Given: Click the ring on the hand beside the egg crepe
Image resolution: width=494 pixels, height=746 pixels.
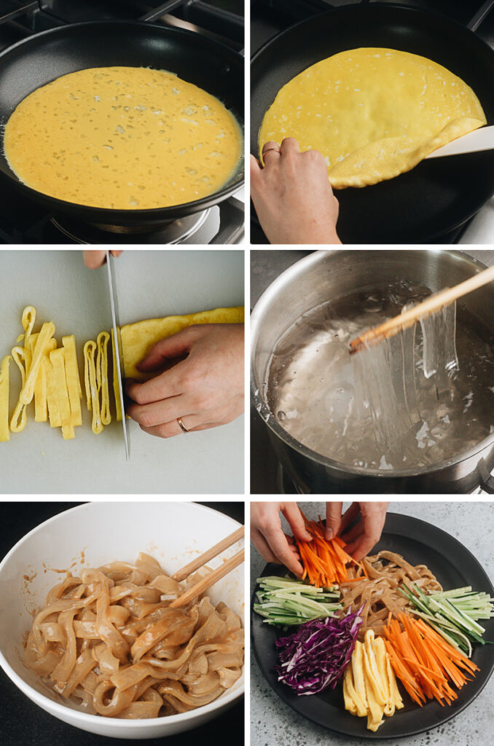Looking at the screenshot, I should [270, 152].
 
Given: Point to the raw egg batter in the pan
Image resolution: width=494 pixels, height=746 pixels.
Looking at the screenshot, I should [122, 137].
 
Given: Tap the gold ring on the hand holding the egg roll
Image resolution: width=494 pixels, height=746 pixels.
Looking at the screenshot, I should [182, 424].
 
